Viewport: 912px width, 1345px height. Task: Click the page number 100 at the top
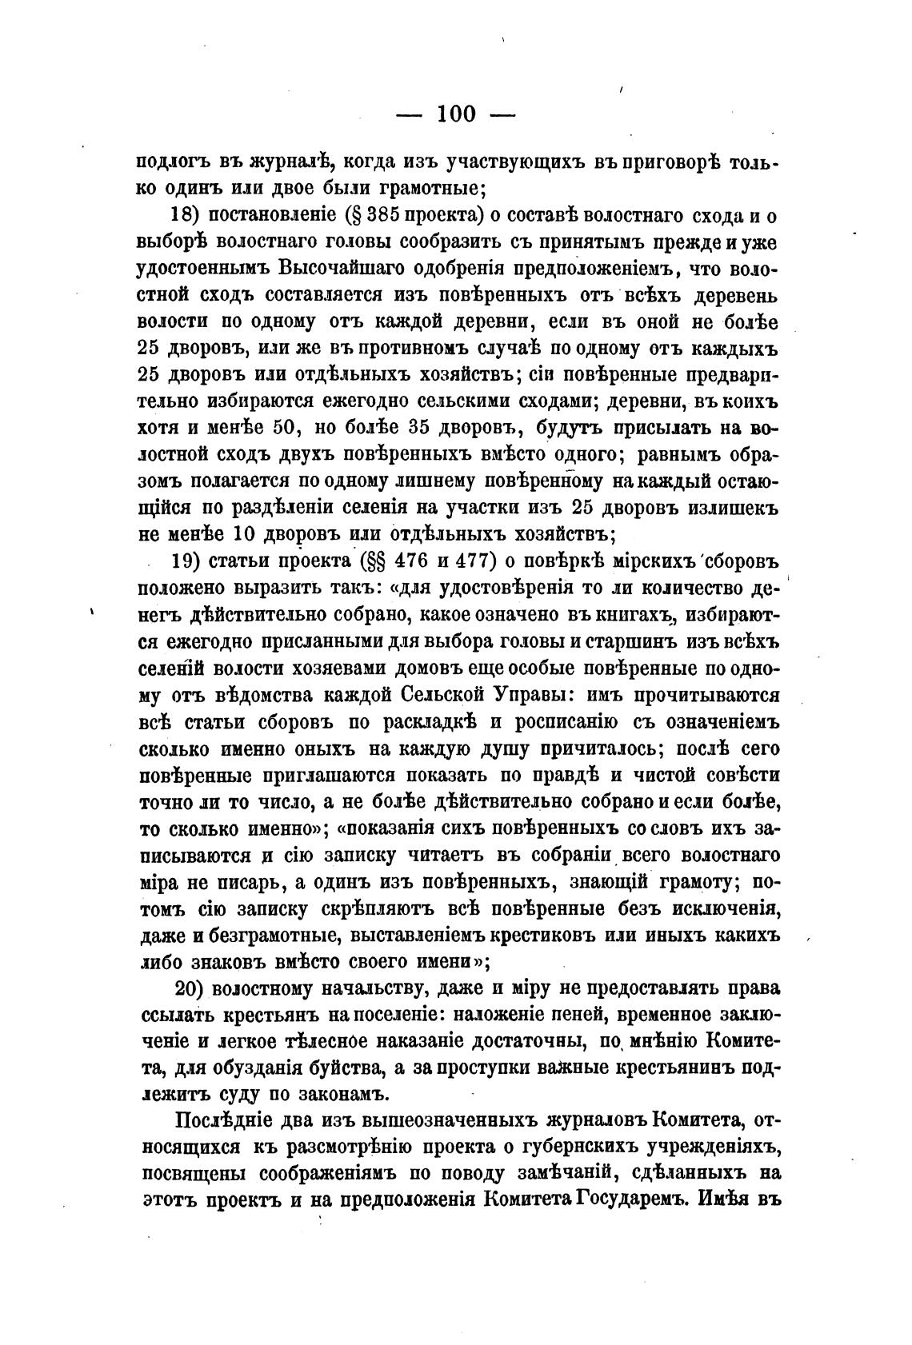[456, 114]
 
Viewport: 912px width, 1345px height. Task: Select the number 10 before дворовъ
[247, 534]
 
